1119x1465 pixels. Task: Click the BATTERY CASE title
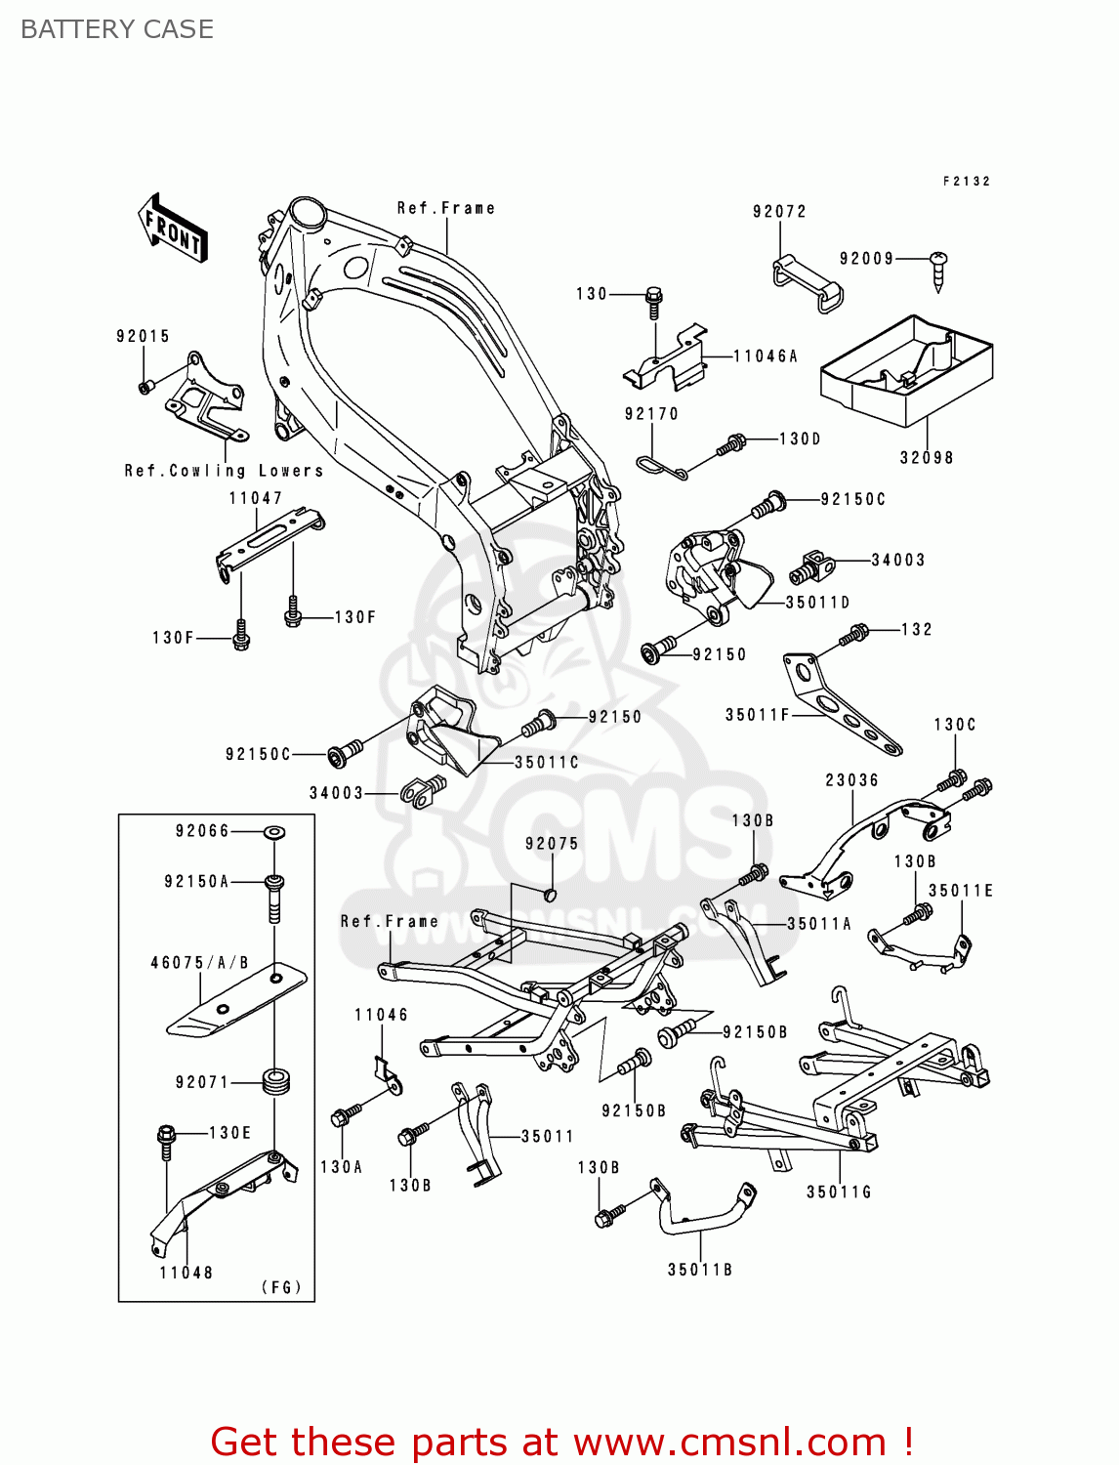tap(117, 29)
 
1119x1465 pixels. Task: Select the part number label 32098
tap(926, 458)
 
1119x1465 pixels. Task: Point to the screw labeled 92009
tap(939, 272)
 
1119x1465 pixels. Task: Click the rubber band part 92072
tap(808, 283)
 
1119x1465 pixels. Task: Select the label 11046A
tap(766, 356)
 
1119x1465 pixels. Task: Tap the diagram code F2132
tap(967, 182)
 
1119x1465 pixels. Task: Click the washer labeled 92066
tap(274, 832)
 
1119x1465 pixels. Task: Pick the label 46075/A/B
tap(199, 963)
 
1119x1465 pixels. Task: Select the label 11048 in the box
tap(186, 1273)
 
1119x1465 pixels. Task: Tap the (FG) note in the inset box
tap(281, 1287)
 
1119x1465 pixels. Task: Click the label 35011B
tap(699, 1270)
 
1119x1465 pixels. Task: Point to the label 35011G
tap(838, 1193)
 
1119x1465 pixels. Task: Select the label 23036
tap(851, 780)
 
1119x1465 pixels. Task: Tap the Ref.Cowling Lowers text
tap(224, 471)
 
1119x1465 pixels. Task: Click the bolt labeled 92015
tap(145, 388)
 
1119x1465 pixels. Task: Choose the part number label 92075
tap(552, 844)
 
